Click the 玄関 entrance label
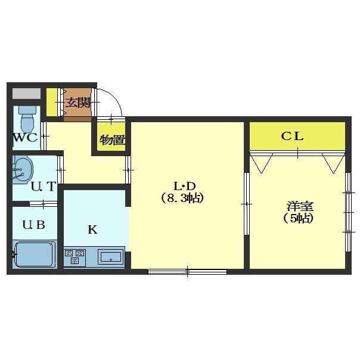78,103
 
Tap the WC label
25,137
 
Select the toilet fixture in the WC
27,119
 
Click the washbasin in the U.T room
23,169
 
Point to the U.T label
44,186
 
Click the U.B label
33,225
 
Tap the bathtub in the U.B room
35,255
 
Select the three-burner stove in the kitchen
75,257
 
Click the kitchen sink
111,257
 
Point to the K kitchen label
92,229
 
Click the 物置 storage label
112,139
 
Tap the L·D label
184,187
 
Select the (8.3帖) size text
182,198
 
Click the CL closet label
292,136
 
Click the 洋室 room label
300,206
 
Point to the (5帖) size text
299,218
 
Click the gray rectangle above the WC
26,94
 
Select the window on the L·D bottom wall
187,272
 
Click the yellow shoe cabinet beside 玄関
52,103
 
